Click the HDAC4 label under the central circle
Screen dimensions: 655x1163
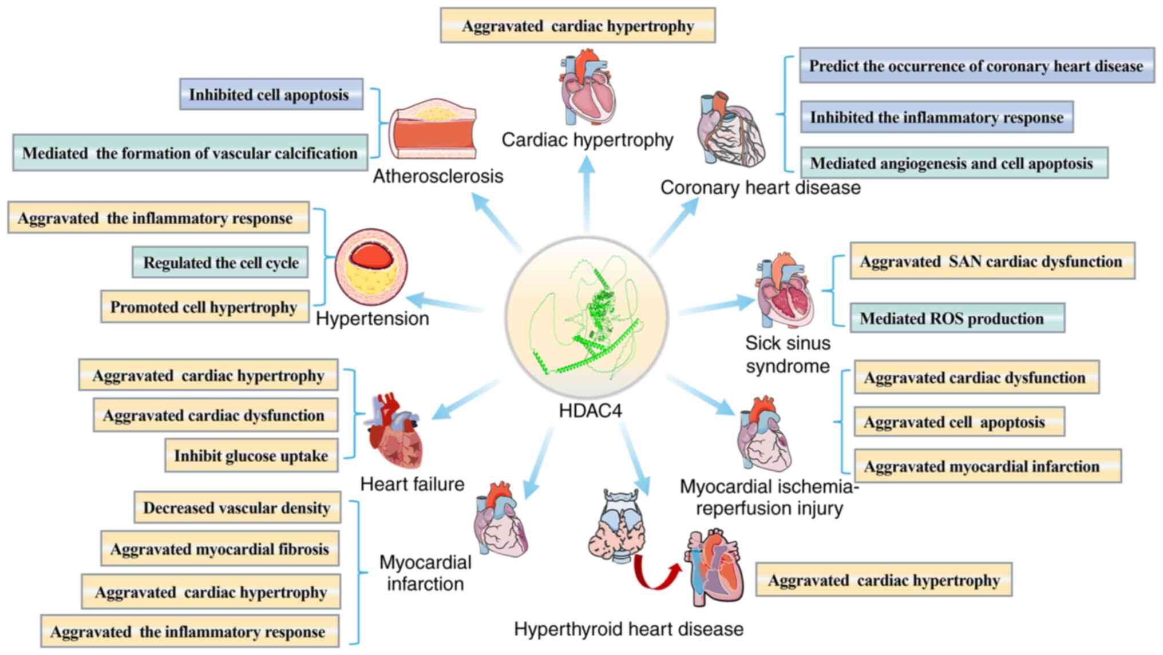click(590, 411)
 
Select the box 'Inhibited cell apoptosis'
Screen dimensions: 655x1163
click(271, 94)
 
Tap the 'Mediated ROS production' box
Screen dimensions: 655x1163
click(956, 318)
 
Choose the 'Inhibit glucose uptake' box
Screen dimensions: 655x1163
click(251, 456)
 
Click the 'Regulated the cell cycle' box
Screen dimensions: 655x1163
click(220, 263)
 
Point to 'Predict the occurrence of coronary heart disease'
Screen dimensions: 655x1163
click(976, 66)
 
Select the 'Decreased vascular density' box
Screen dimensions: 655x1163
click(237, 507)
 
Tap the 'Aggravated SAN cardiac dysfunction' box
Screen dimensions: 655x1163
click(991, 261)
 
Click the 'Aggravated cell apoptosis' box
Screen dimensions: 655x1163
click(959, 422)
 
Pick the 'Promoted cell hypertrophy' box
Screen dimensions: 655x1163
click(204, 307)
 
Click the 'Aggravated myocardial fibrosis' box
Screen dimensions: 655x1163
click(220, 549)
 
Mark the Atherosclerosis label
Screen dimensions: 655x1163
click(438, 176)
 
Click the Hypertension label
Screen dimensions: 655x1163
click(373, 319)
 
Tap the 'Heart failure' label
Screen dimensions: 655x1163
click(412, 484)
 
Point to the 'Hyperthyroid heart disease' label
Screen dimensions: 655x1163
click(628, 629)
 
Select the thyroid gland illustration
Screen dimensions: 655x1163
click(617, 526)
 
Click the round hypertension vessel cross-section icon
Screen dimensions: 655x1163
click(371, 267)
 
